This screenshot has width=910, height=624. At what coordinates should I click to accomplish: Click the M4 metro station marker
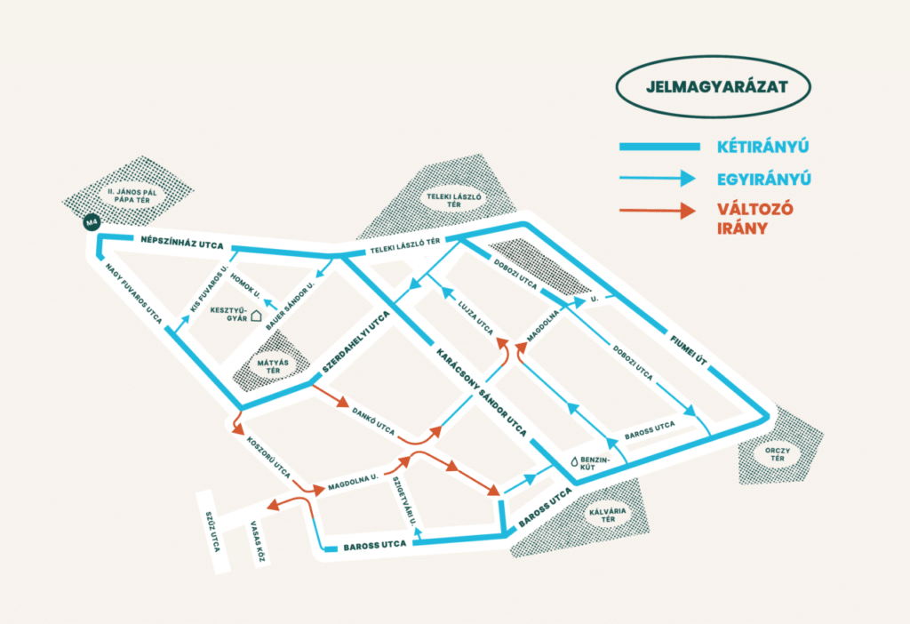point(92,222)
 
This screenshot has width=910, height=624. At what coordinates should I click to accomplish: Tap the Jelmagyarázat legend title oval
point(714,87)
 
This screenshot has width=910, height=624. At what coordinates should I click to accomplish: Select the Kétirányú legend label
point(762,147)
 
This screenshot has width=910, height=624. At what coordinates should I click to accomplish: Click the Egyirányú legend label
point(763,179)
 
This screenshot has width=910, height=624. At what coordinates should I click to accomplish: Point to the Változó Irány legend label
point(754,219)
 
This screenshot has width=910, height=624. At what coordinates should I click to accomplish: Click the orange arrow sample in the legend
point(658,210)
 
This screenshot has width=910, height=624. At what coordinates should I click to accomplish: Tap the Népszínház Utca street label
point(181,242)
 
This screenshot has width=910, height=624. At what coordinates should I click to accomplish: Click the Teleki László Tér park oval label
point(454,200)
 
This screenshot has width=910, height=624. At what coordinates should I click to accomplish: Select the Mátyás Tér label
point(273,366)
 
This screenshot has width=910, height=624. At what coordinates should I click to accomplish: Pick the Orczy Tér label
point(777,454)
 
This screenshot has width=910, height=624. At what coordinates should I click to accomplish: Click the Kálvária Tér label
point(608,515)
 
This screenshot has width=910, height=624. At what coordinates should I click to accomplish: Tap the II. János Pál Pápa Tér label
point(132,196)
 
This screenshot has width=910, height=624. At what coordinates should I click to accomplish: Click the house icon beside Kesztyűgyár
point(256,316)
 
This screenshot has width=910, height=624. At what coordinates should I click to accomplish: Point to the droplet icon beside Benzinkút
point(575,461)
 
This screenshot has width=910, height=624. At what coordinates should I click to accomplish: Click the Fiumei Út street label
point(689,350)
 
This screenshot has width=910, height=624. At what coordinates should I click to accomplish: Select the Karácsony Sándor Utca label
point(482,392)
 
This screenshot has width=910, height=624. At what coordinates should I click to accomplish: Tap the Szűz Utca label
point(213,532)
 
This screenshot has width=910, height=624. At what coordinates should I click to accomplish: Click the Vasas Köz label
point(258,541)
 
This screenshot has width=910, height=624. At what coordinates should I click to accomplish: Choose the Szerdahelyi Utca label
point(355,342)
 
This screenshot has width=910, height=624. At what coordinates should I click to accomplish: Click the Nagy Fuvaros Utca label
point(133,293)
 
